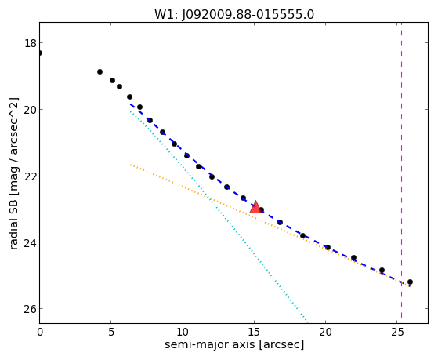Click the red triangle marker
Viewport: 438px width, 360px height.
coord(255,207)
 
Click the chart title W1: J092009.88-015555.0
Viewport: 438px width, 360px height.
coord(234,14)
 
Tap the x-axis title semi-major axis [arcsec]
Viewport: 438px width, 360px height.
coord(234,344)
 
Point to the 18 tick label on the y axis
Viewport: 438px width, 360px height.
coord(30,43)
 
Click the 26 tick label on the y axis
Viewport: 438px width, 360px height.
coord(30,309)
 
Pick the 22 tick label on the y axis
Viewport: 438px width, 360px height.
coord(30,176)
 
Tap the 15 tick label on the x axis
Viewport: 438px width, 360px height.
coord(254,332)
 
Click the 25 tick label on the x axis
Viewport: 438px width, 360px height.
coord(397,332)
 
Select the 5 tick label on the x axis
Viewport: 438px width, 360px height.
coord(111,332)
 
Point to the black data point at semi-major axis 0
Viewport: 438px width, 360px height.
coord(40,53)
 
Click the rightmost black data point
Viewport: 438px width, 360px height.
coord(410,282)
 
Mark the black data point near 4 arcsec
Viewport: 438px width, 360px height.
coord(100,72)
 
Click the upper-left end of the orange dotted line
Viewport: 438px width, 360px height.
coord(130,165)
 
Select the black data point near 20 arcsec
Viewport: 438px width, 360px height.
coord(328,247)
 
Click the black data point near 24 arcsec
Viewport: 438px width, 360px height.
coord(382,271)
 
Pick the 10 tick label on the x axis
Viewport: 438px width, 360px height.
coord(183,332)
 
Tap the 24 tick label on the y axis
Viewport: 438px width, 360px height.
coord(30,242)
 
